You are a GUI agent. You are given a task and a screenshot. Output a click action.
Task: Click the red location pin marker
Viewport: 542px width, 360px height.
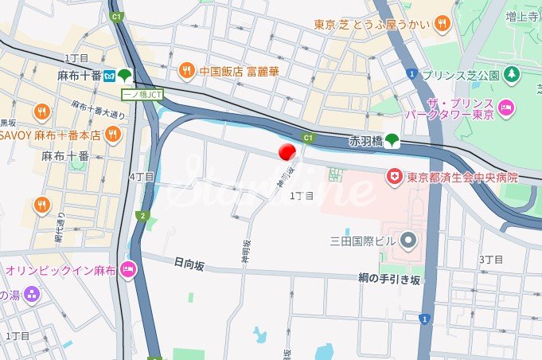click(287, 152)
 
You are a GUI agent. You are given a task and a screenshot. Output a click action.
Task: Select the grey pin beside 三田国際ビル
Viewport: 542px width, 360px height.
click(408, 239)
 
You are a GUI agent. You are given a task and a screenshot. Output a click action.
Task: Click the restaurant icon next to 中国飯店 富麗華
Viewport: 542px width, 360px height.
click(185, 70)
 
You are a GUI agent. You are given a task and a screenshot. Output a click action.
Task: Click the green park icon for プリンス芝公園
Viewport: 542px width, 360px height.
click(512, 76)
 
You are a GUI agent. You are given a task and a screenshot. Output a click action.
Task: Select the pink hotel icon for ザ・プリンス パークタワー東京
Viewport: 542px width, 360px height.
click(505, 107)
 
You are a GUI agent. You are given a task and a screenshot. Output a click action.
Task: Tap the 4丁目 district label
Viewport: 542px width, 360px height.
click(140, 176)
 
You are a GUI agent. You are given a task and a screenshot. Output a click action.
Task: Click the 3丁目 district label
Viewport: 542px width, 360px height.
click(491, 260)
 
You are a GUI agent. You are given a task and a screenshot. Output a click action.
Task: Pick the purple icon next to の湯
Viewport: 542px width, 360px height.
click(31, 295)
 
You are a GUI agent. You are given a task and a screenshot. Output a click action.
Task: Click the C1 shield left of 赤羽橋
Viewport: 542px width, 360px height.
click(309, 137)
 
